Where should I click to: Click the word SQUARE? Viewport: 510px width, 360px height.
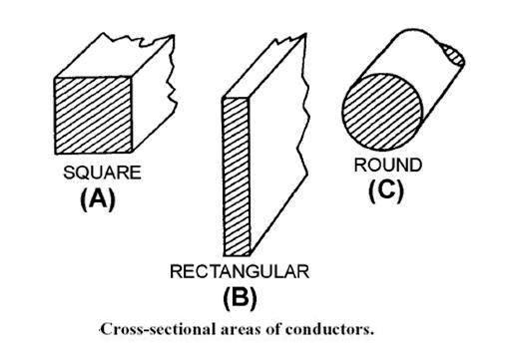[101, 173]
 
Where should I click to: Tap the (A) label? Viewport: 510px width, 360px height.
[98, 197]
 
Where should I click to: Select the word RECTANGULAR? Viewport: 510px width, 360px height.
[240, 271]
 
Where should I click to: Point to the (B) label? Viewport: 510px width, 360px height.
[239, 296]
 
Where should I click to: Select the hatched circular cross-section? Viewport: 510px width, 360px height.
[374, 108]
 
